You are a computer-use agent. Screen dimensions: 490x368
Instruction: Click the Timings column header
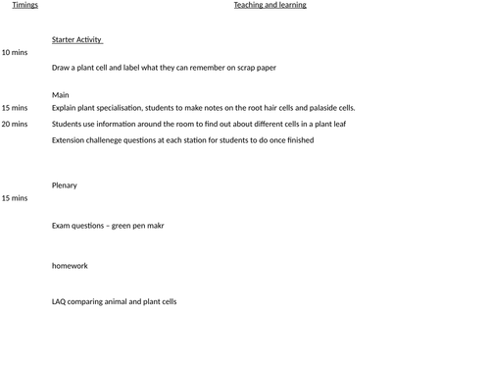(24, 5)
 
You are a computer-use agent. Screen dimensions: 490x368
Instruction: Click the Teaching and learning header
(269, 5)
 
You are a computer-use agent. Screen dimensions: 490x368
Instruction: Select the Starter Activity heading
(76, 39)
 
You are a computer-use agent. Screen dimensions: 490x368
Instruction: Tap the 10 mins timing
(15, 52)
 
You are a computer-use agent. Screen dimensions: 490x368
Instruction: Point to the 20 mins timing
(15, 125)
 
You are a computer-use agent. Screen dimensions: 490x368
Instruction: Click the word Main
(61, 95)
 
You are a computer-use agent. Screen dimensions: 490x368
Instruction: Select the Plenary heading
(65, 185)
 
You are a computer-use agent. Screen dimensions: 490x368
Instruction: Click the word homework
(70, 265)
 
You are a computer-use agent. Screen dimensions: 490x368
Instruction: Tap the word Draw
(62, 68)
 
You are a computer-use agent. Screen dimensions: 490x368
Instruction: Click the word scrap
(242, 68)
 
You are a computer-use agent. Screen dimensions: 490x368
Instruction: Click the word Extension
(69, 140)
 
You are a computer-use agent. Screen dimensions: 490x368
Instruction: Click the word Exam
(62, 226)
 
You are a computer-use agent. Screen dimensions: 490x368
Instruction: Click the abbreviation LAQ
(60, 301)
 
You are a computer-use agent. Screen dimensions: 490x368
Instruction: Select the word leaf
(337, 125)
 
